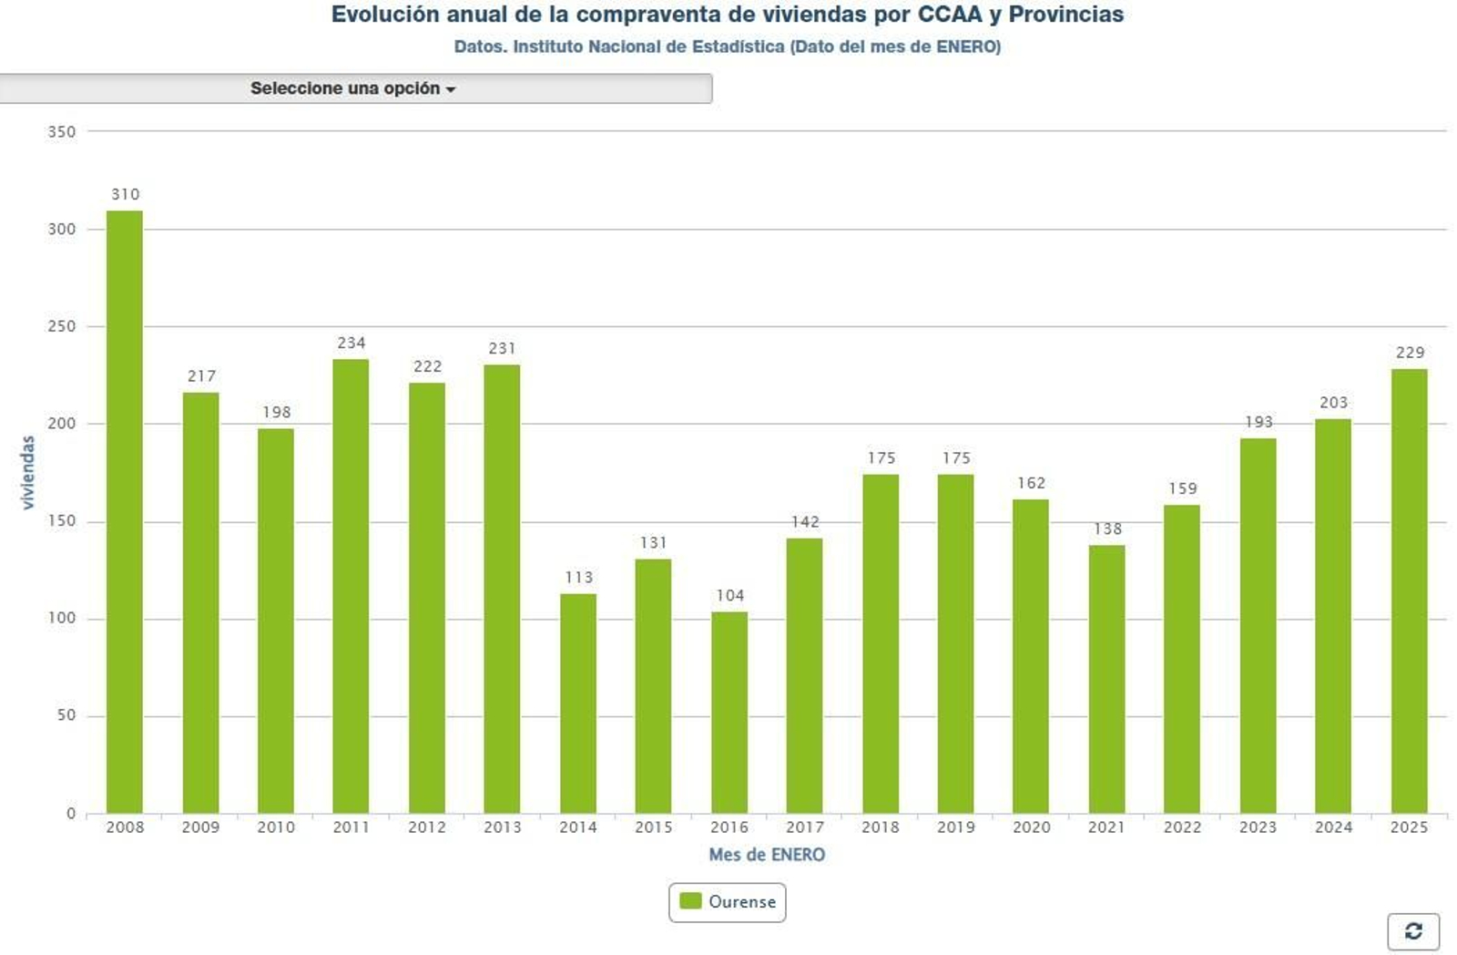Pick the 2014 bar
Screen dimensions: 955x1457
578,703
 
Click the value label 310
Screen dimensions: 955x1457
126,194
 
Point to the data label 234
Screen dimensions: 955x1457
352,343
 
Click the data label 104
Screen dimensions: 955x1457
730,595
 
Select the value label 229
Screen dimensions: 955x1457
1410,353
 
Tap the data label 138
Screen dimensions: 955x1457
1107,529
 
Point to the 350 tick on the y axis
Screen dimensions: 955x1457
62,132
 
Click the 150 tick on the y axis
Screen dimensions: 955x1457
62,521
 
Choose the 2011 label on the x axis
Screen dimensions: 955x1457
352,827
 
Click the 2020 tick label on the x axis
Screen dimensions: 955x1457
1031,827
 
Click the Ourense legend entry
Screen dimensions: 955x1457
728,901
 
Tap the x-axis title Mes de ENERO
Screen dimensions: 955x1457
767,855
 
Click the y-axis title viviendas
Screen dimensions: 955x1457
27,472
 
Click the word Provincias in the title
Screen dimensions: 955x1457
1065,15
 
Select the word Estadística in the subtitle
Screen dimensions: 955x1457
738,46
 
